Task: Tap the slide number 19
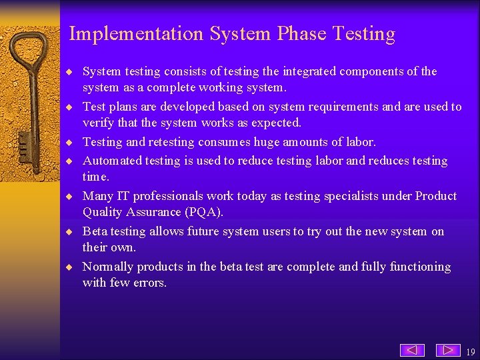[471, 352]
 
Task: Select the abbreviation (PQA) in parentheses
[202, 212]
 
